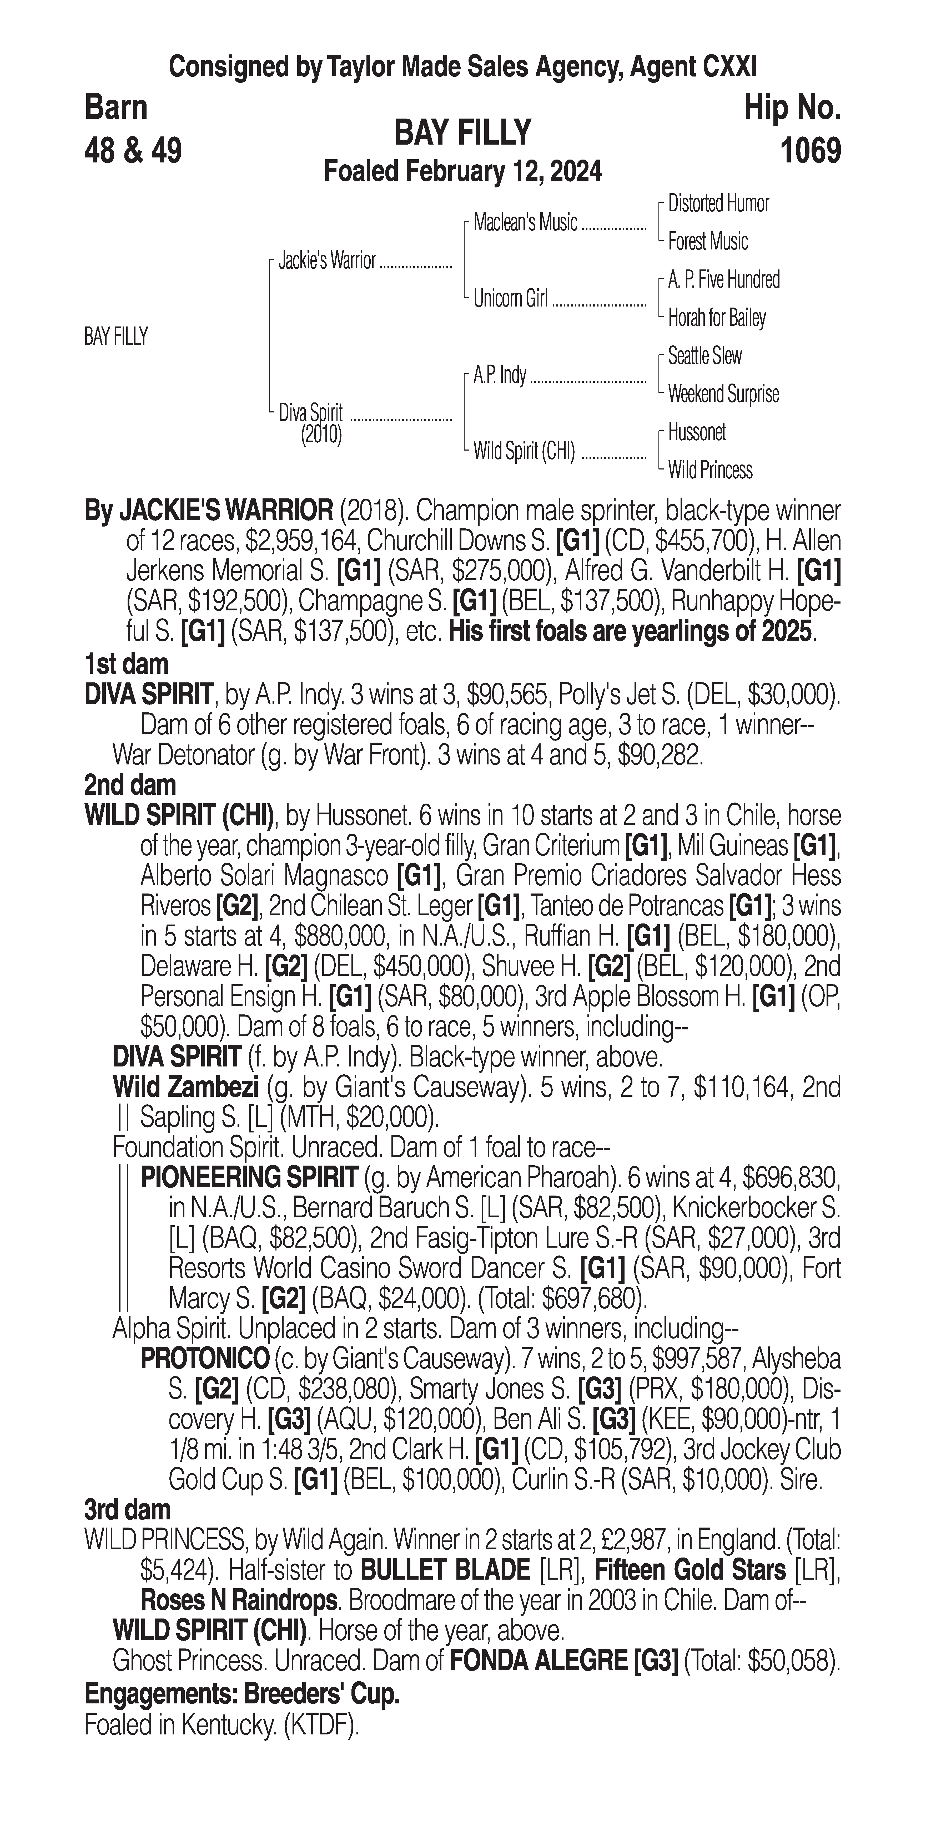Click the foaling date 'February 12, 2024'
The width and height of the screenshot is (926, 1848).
coord(502,172)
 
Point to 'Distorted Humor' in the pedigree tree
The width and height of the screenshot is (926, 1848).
coord(718,204)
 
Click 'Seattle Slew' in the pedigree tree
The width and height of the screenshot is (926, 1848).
coord(704,356)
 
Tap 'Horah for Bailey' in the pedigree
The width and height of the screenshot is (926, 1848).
coord(716,318)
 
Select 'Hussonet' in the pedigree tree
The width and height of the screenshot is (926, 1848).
coord(696,432)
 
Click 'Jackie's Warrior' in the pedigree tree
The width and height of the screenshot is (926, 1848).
coord(327,261)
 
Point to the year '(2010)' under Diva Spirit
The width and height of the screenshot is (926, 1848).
coord(321,435)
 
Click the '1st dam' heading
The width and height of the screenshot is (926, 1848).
coord(126,664)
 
